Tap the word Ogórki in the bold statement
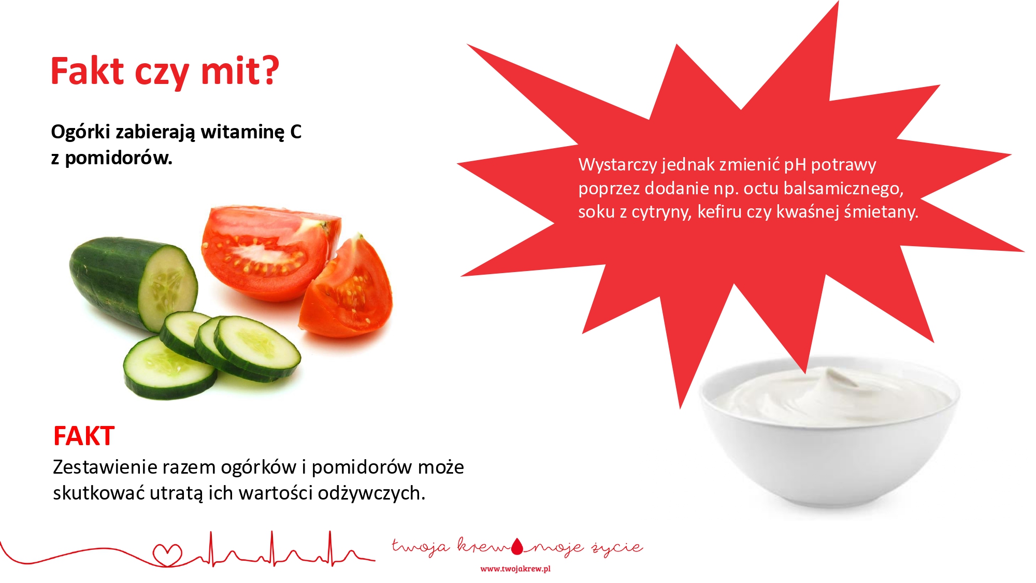tap(80, 132)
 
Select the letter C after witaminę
tap(296, 132)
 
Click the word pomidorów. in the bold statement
tap(119, 158)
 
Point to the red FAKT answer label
tap(84, 436)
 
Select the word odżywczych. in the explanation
tap(371, 493)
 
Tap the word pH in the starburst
tap(795, 165)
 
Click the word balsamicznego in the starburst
tap(843, 188)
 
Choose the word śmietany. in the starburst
tap(881, 211)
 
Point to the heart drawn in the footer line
tap(167, 555)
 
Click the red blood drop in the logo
tap(517, 546)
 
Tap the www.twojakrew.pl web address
tap(515, 569)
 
